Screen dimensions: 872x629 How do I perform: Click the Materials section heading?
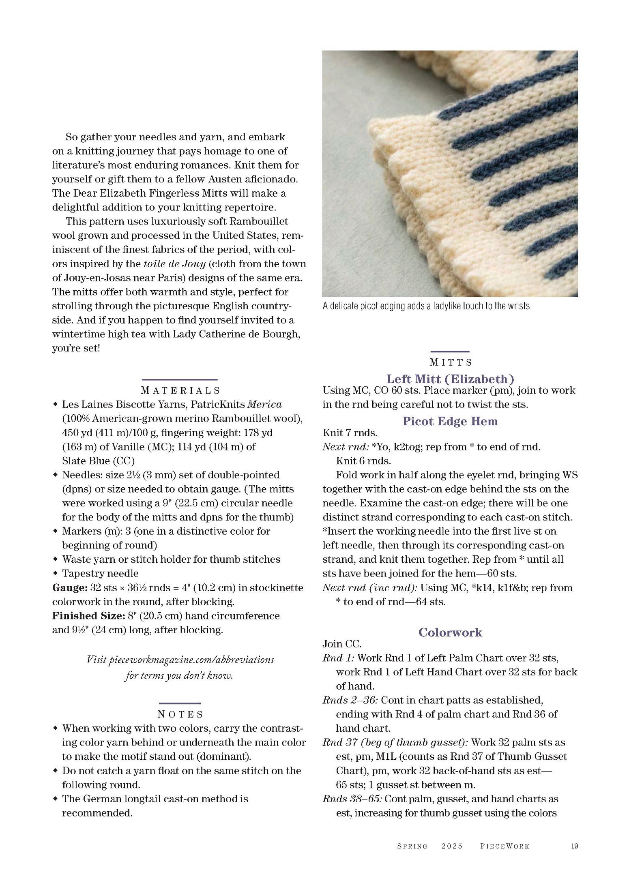pos(180,390)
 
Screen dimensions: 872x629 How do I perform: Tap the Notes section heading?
pos(180,714)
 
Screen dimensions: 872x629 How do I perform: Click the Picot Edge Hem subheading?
pos(450,421)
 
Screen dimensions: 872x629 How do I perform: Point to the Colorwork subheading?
pos(450,632)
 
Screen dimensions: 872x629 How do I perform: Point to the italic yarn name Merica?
pos(264,404)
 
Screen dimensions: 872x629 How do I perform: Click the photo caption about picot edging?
pos(427,306)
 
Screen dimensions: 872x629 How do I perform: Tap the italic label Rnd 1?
pos(338,658)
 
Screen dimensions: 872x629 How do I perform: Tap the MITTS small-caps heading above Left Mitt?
pos(451,362)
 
